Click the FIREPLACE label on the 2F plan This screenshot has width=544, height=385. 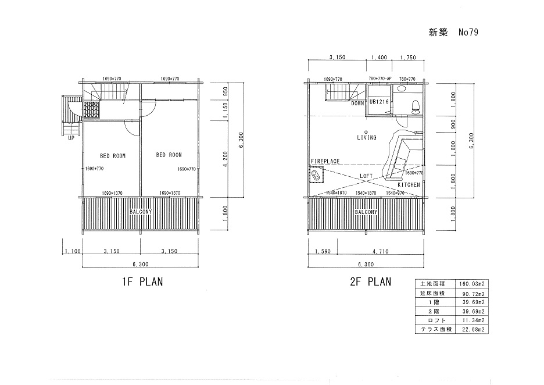pos(325,162)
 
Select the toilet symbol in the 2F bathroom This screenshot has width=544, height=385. pos(415,106)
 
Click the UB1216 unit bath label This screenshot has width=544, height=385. pos(379,102)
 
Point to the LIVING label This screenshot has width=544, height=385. pos(367,137)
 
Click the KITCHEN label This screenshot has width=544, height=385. pos(409,185)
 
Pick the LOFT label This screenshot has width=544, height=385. pos(366,176)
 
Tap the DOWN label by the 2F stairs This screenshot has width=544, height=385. pos(357,104)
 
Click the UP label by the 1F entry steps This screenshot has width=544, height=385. pos(71,138)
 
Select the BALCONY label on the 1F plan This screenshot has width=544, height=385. pos(141,212)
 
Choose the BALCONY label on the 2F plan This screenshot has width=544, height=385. pos(366,212)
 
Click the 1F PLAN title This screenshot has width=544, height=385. pos(142,281)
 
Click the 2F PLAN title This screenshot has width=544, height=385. pos(371,281)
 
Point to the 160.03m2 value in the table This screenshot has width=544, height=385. pos(472,284)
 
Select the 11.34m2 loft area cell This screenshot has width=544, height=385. pos(473,320)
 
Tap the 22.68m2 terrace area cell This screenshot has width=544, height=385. pos(473,329)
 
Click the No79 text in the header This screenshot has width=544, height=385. pos(468,33)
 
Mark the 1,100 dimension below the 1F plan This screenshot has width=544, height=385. pos(73,251)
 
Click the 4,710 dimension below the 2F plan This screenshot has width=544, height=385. pos(381,251)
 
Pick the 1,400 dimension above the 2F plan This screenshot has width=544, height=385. pos(379,57)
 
